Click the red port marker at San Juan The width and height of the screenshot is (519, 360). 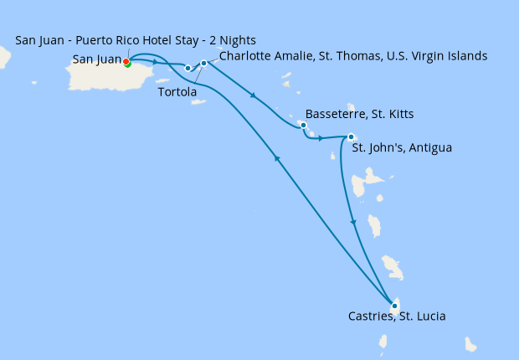126,61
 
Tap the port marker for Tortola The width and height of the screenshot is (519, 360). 188,68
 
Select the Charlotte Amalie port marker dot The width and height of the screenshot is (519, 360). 203,63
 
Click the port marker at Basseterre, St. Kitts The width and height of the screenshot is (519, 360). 303,126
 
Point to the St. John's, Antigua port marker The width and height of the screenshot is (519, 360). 351,136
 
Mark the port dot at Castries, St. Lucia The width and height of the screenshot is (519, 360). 394,306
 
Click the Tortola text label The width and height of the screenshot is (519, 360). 177,92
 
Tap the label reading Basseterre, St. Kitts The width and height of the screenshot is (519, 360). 360,114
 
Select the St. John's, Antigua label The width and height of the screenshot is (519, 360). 402,148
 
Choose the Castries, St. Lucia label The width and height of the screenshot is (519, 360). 397,317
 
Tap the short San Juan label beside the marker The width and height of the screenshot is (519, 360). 97,59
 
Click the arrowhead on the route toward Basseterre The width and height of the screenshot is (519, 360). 253,95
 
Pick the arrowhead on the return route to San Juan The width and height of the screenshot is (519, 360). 277,160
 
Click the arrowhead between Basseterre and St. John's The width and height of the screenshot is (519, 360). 321,137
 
